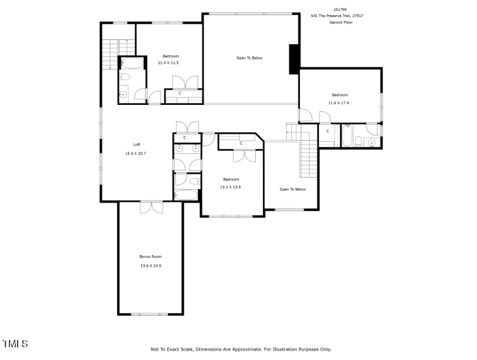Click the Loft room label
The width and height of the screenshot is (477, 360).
coord(136,145)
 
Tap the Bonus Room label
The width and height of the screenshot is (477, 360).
coord(150,256)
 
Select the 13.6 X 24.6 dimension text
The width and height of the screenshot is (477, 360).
coord(150,265)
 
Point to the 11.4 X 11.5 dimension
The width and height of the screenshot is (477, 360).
coord(168,63)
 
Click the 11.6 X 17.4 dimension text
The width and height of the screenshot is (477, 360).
coord(338,103)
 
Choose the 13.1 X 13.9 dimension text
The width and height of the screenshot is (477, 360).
coord(230,187)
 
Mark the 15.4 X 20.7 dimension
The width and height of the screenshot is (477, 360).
coord(135,153)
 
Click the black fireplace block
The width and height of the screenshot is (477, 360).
coord(294,59)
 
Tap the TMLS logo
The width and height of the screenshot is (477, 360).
coord(15,344)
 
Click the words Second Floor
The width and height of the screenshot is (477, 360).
coord(341,22)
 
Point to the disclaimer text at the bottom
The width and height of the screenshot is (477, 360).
coord(241,349)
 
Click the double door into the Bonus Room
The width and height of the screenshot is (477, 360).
coord(152,207)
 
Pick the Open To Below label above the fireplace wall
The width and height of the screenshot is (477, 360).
coord(250,58)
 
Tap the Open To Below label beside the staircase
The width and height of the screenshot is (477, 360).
coord(293,189)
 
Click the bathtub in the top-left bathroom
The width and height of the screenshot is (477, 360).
coord(132,64)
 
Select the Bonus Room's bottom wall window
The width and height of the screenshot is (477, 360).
coord(149,314)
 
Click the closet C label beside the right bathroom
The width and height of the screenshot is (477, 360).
coord(328,131)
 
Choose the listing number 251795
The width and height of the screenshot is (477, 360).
coord(340,10)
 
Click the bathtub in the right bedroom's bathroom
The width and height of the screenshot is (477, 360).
coord(347,135)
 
